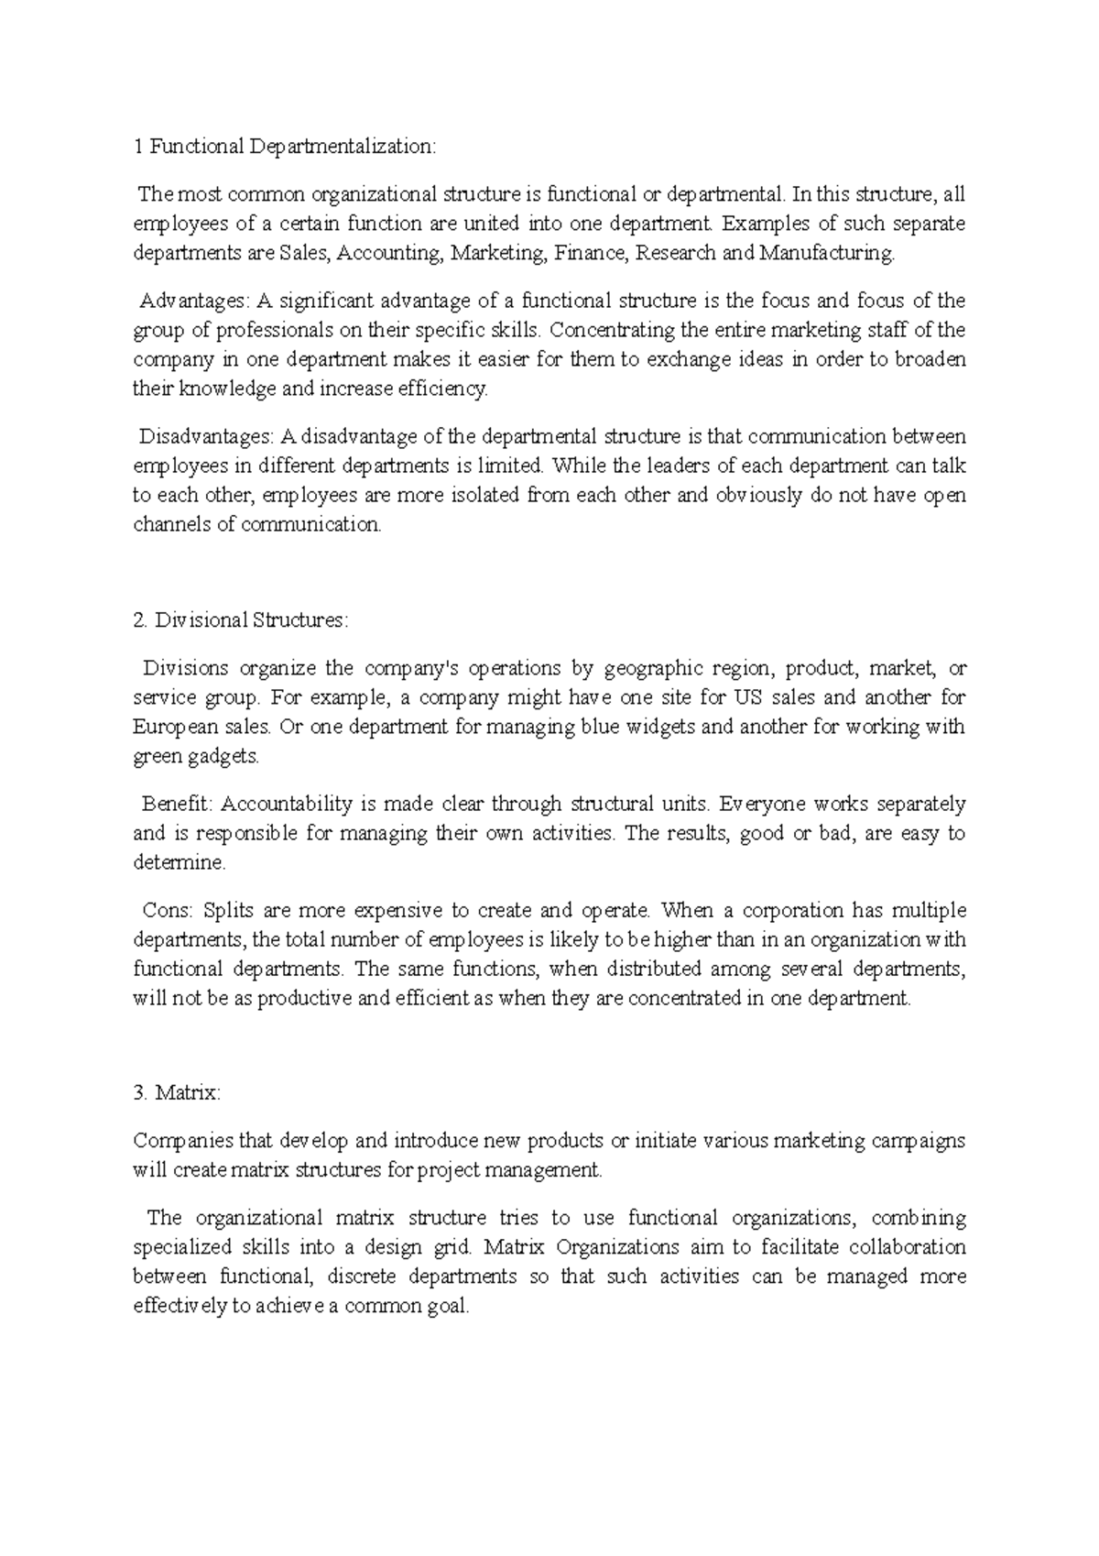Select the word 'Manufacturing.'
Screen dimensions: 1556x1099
point(826,253)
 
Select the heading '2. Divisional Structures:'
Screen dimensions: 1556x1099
point(240,620)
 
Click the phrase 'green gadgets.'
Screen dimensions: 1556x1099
point(196,757)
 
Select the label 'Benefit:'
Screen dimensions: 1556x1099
point(177,805)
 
